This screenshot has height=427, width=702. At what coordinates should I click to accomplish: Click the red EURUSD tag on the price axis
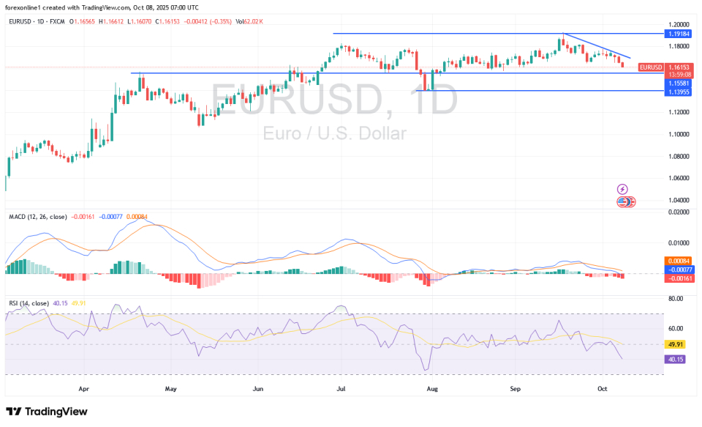click(650, 67)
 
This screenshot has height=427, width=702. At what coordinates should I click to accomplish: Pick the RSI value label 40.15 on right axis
click(674, 360)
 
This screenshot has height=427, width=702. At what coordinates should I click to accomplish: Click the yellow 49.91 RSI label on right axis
click(674, 344)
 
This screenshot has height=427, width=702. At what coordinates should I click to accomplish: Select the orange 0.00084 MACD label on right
click(674, 261)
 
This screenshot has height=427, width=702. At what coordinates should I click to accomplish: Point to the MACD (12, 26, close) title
click(38, 217)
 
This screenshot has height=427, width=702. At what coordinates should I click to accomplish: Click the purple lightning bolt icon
click(622, 189)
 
